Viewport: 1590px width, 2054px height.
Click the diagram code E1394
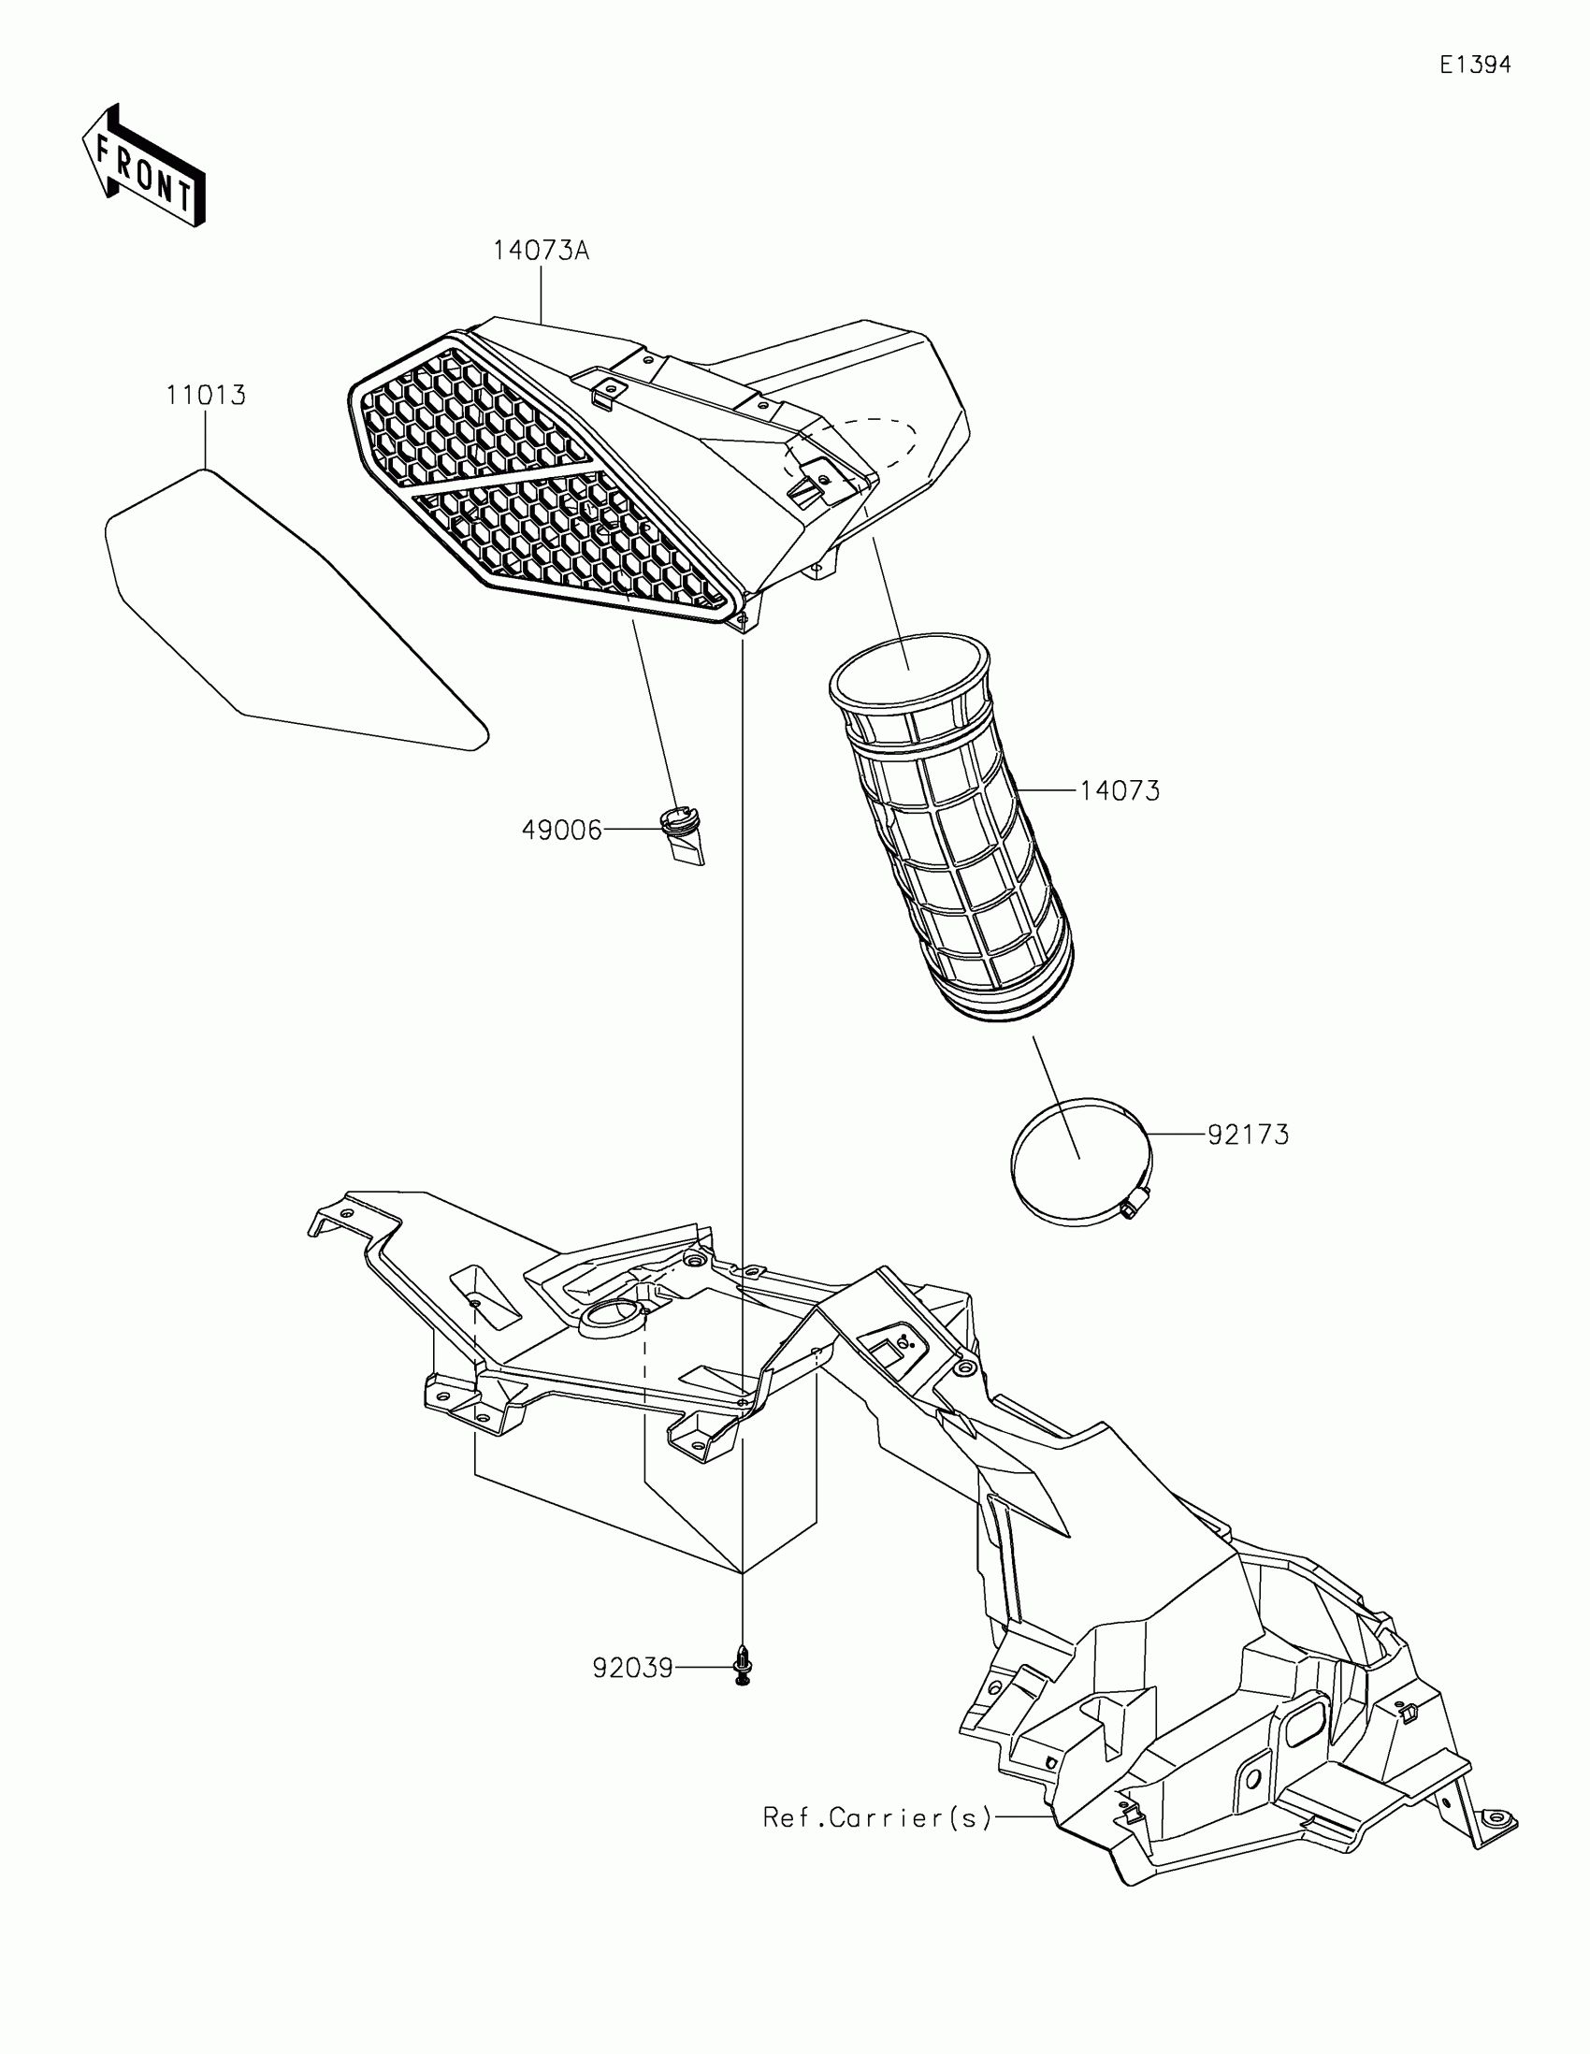pyautogui.click(x=1475, y=65)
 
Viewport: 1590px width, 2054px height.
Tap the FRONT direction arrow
pyautogui.click(x=143, y=166)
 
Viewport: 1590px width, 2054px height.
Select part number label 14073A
pyautogui.click(x=541, y=251)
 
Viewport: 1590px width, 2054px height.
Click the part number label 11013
pyautogui.click(x=206, y=395)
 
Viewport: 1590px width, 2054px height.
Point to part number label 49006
pyautogui.click(x=561, y=831)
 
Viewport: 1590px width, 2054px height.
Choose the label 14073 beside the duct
pyautogui.click(x=1119, y=791)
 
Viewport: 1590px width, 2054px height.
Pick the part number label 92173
pyautogui.click(x=1248, y=1135)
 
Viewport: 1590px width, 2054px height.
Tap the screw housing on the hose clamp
pyautogui.click(x=1135, y=1203)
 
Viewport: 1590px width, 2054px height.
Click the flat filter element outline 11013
pyautogui.click(x=282, y=621)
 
